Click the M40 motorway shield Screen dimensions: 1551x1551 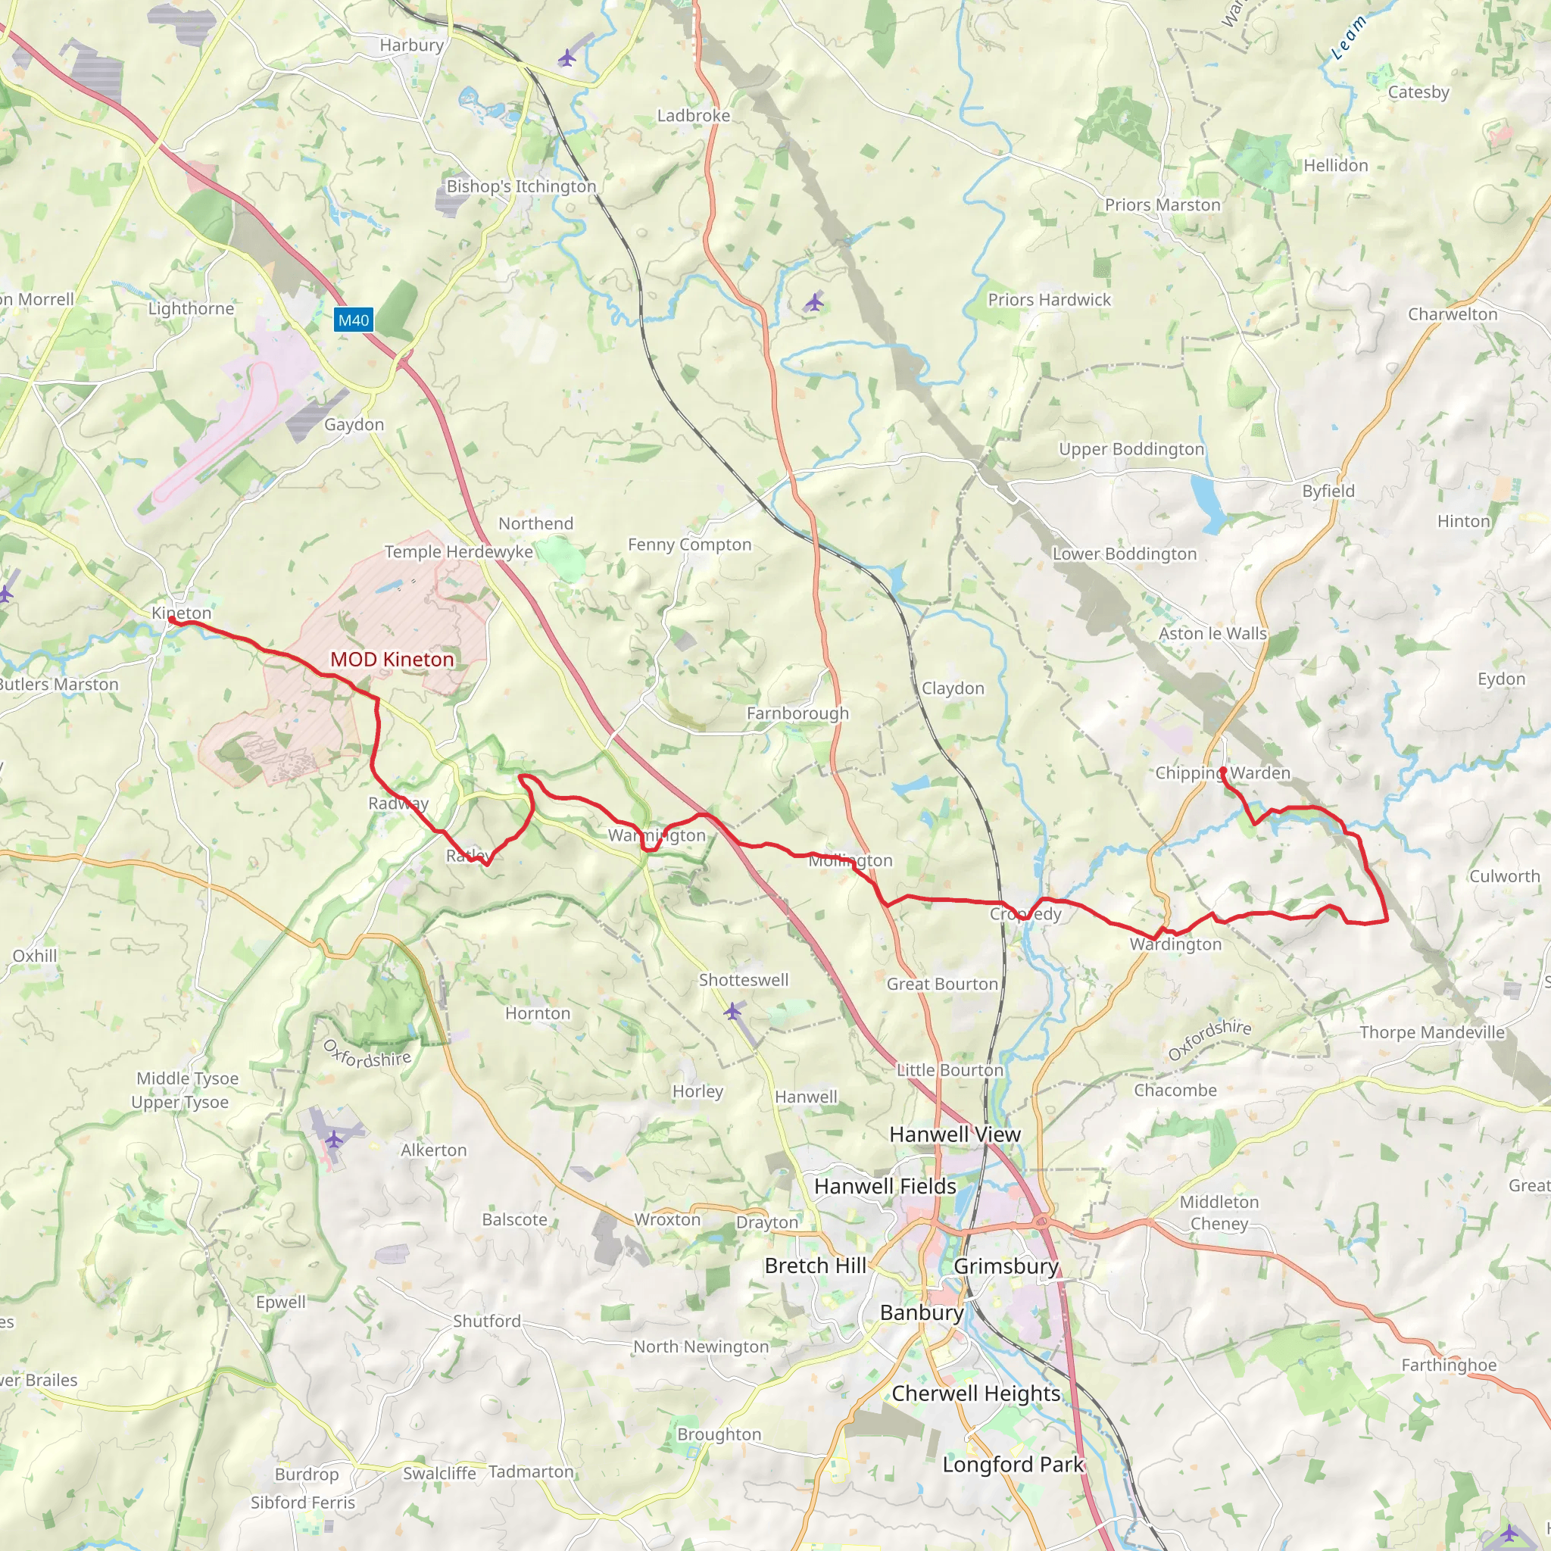[353, 320]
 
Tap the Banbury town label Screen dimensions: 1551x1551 [922, 1312]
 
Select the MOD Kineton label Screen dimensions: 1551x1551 [392, 659]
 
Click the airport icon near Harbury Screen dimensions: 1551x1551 [567, 58]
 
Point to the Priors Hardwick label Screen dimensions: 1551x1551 [1049, 299]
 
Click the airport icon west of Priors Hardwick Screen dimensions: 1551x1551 [814, 303]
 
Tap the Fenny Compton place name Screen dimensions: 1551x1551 [690, 545]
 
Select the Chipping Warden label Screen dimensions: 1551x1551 [1222, 772]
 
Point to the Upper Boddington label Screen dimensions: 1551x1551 [1131, 449]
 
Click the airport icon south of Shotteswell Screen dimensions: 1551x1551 [732, 1012]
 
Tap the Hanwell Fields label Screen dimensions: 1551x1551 [885, 1186]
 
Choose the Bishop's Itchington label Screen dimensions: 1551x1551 [521, 186]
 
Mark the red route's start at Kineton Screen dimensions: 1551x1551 [173, 619]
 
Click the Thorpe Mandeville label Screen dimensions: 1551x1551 [1431, 1032]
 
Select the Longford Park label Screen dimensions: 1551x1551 [1013, 1465]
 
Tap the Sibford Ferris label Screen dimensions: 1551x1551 [303, 1502]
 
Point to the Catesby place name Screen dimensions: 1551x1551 [1418, 92]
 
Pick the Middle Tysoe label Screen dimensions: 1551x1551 [187, 1078]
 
